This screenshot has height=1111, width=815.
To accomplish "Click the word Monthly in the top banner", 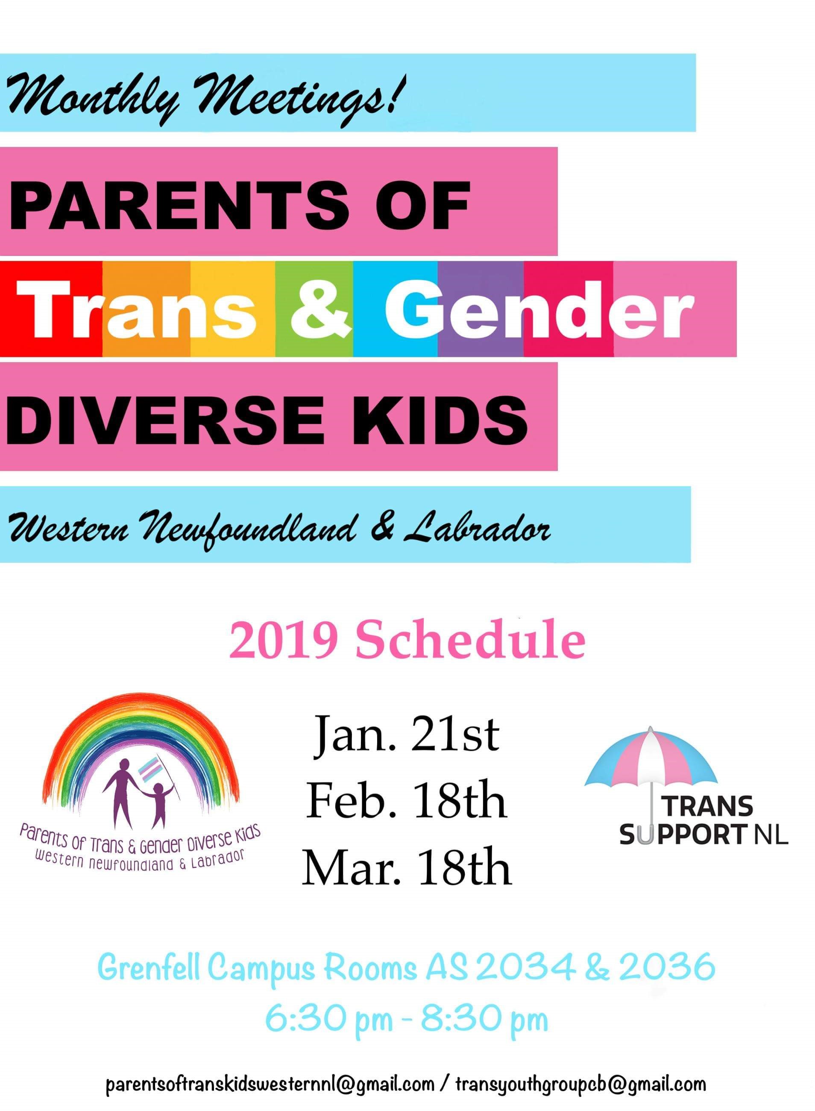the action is (x=92, y=96).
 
